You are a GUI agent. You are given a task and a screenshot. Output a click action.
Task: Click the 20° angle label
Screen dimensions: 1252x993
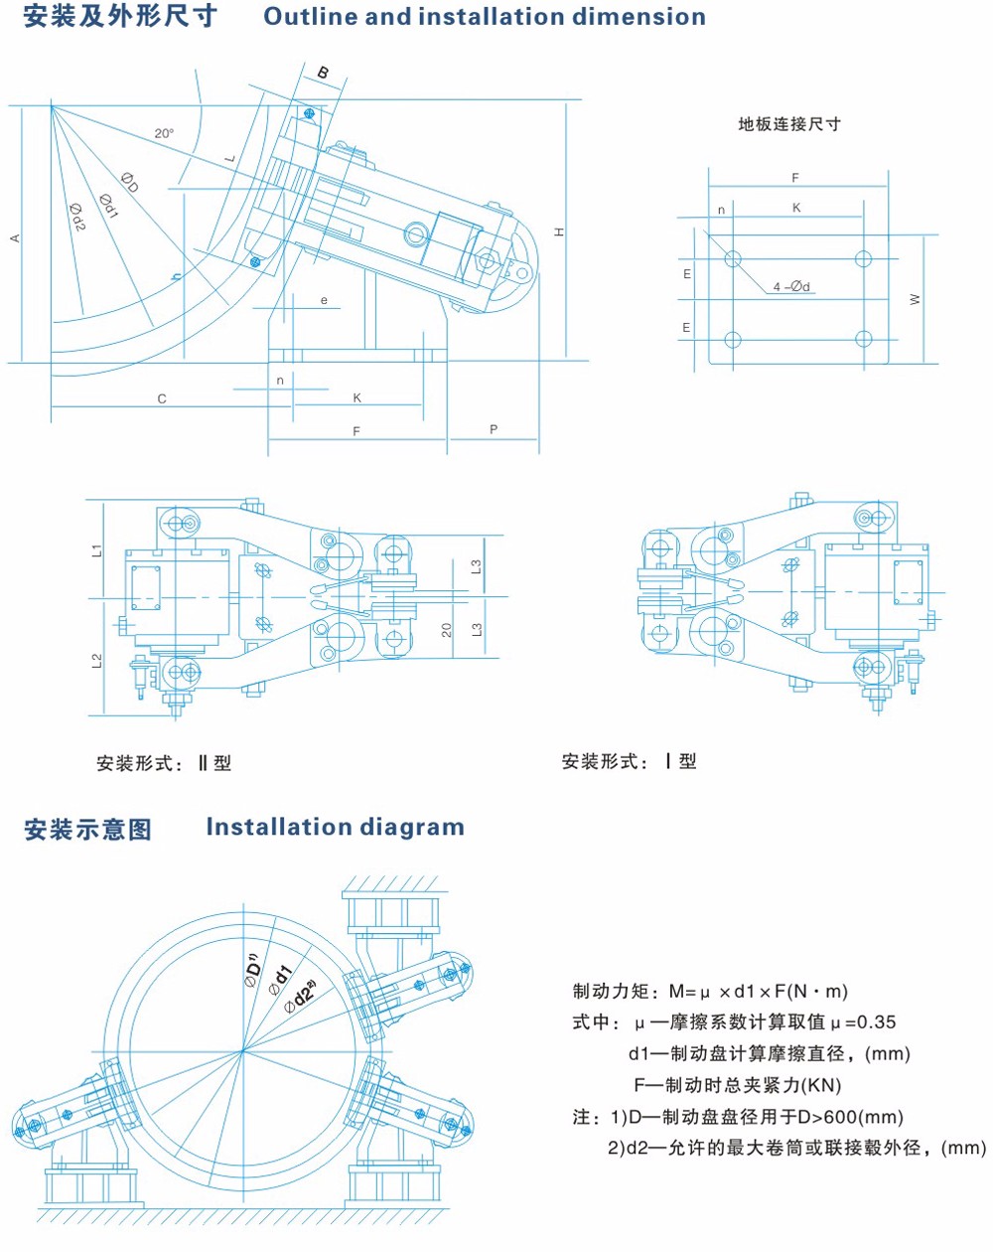click(164, 133)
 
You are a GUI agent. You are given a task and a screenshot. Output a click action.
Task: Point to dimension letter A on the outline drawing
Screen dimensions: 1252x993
click(15, 237)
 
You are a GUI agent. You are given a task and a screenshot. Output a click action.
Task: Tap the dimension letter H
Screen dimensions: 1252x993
click(560, 232)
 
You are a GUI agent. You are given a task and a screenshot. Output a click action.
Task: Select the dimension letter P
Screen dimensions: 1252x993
click(494, 429)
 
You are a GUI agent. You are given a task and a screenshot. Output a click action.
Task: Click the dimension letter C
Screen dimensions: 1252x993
click(162, 398)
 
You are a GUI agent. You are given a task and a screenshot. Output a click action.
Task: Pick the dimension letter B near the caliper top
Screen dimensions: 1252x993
click(323, 73)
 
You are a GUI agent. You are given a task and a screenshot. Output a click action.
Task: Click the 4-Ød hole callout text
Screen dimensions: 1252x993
click(791, 287)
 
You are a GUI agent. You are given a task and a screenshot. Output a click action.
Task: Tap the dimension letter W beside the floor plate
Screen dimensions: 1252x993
click(915, 299)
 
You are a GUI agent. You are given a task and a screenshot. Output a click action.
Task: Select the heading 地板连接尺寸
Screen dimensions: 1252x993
click(788, 124)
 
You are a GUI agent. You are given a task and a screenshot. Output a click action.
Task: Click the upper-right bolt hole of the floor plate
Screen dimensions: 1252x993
click(862, 259)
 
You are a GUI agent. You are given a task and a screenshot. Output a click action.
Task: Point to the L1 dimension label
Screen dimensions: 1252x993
click(97, 549)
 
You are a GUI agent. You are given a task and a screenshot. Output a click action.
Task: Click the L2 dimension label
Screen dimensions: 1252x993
click(97, 661)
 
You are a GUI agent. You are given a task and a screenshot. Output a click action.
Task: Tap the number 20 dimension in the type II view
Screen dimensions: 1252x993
click(447, 630)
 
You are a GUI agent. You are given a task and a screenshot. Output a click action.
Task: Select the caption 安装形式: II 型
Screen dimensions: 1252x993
click(164, 763)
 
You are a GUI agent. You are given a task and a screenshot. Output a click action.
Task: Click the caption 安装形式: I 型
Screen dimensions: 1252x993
click(629, 761)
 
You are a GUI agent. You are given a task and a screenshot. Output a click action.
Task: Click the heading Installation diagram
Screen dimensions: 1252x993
click(335, 827)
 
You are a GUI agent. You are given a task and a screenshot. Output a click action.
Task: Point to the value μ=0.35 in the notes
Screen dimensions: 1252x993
click(863, 1022)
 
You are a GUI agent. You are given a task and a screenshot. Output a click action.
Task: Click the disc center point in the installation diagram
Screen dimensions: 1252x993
click(242, 1050)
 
